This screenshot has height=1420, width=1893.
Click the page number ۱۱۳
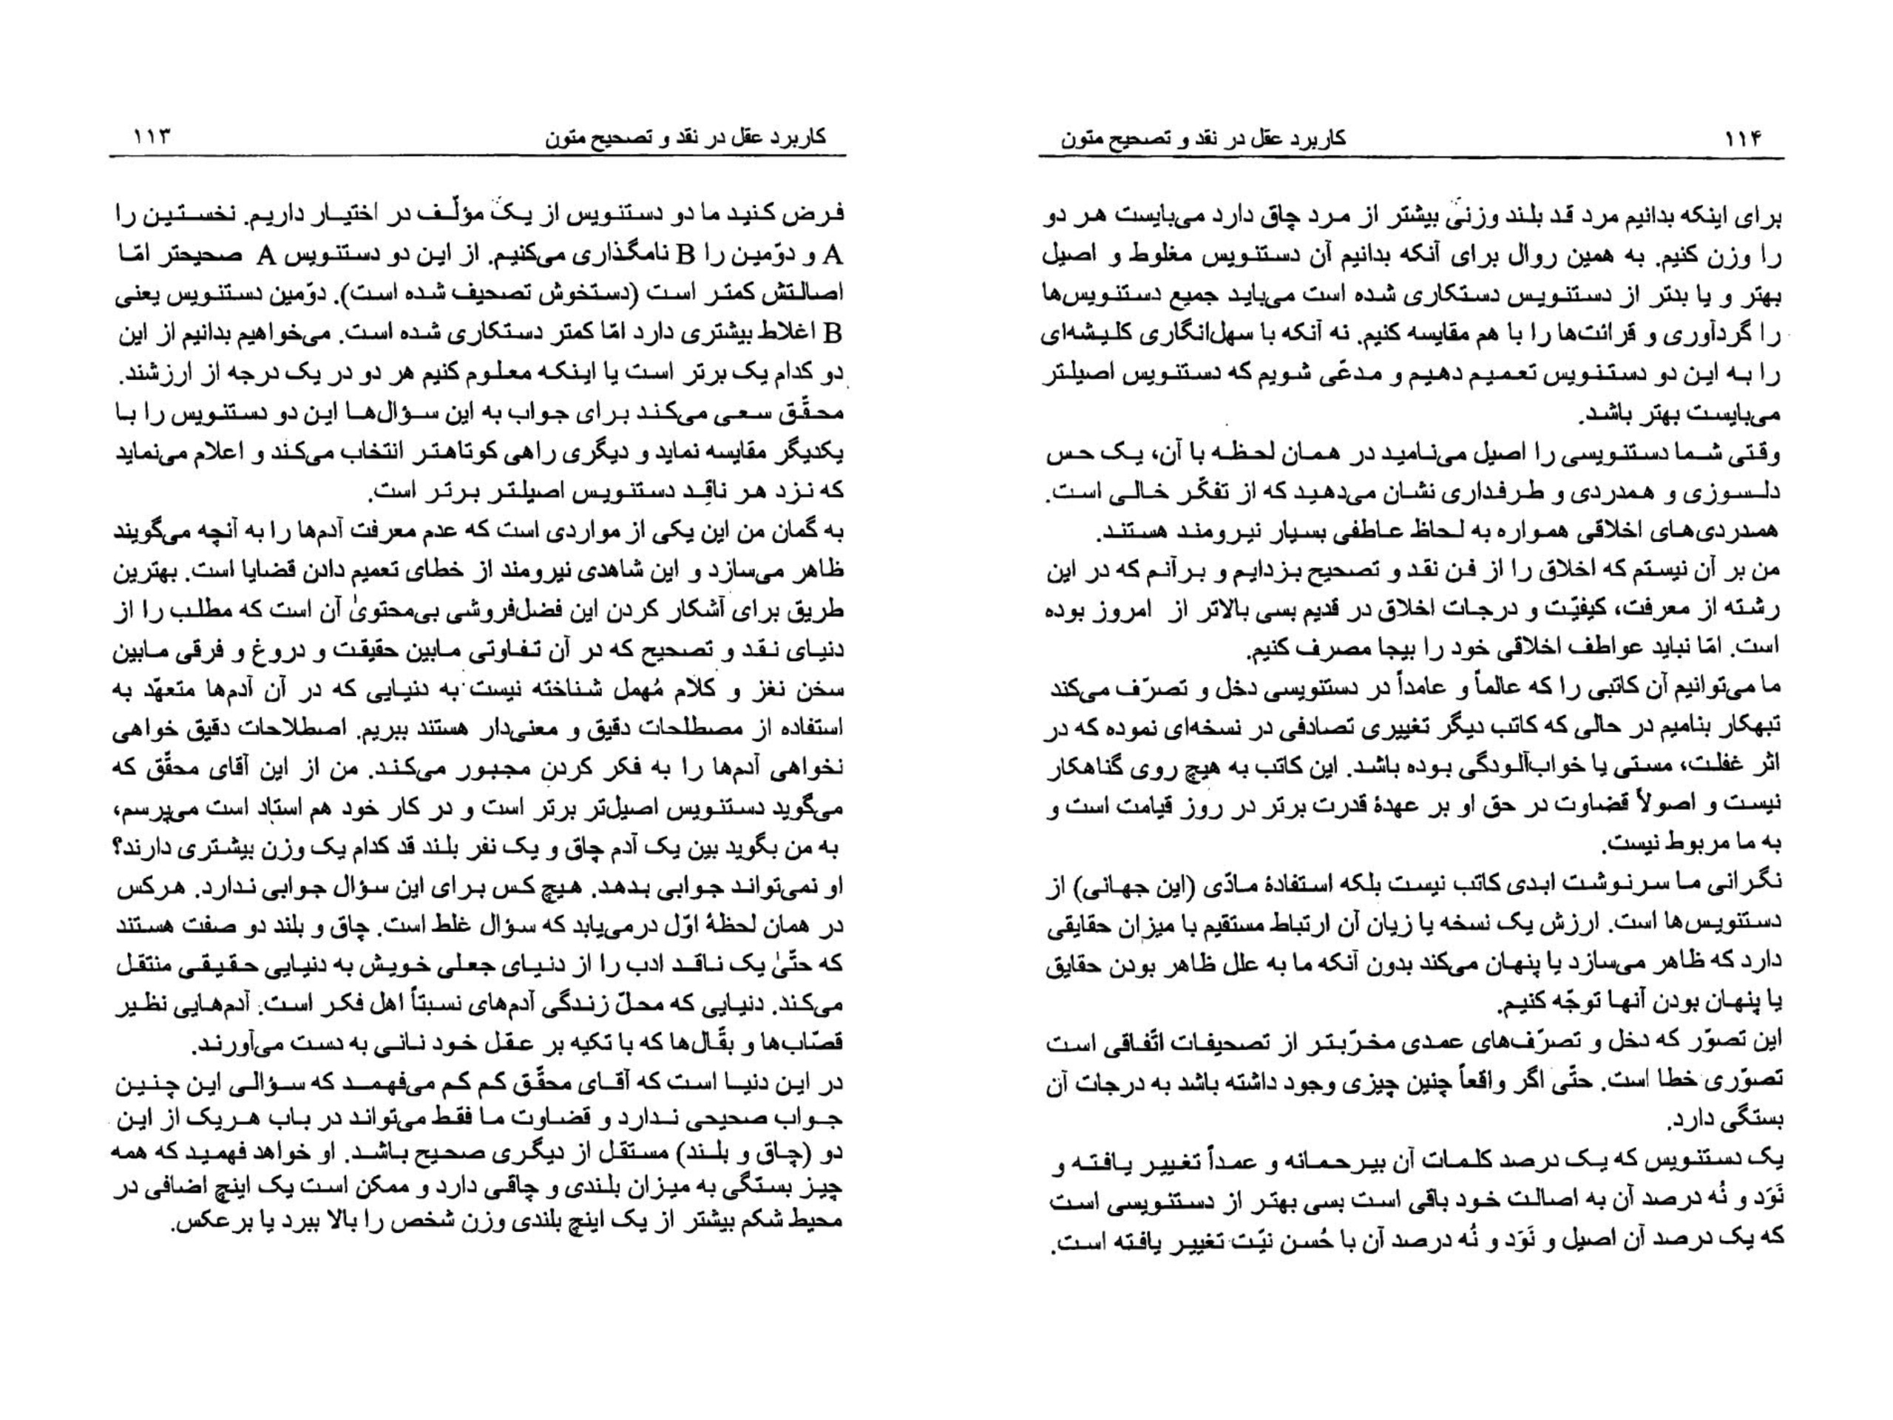tap(150, 137)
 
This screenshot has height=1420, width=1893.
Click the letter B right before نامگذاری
tap(685, 255)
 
